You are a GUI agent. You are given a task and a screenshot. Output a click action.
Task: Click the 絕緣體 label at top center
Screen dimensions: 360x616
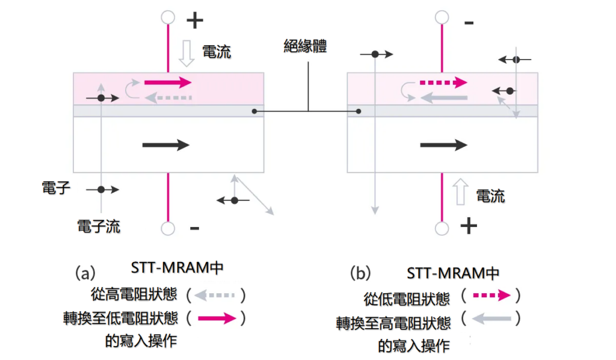305,46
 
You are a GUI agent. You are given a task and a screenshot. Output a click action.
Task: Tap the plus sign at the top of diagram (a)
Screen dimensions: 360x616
194,22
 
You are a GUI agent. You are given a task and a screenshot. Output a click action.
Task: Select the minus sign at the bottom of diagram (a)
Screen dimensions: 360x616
194,228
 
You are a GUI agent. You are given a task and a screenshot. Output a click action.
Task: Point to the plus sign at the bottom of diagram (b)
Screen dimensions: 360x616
469,226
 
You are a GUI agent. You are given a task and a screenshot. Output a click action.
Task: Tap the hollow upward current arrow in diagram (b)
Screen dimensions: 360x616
460,192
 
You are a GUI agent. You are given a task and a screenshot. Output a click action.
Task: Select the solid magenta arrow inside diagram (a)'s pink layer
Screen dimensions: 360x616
167,82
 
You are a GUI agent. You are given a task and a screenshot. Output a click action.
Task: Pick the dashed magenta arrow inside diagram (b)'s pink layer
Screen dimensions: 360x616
443,82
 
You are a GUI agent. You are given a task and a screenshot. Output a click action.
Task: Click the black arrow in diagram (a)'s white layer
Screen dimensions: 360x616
165,144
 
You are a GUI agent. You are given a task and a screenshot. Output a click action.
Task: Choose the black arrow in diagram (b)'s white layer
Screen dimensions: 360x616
443,144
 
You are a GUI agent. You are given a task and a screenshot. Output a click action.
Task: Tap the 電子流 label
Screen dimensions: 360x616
99,226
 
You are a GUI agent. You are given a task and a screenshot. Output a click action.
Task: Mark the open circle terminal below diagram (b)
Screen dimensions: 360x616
442,228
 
